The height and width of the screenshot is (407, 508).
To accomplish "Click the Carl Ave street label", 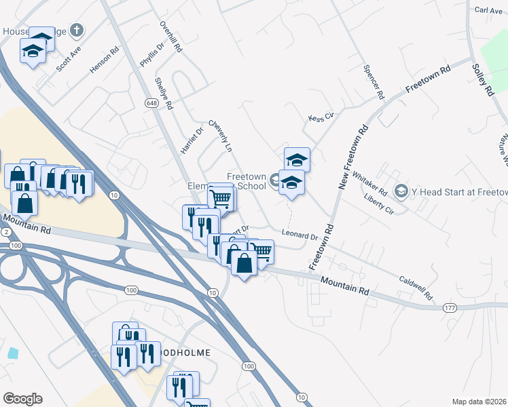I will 488,10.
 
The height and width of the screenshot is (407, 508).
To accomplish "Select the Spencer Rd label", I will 374,82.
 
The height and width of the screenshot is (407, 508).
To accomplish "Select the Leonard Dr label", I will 300,236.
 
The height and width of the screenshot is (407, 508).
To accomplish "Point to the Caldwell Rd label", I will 416,288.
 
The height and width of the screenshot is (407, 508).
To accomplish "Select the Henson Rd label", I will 104,59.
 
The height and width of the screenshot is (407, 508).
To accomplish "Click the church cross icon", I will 77,31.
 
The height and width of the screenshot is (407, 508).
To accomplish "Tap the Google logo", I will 22,399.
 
